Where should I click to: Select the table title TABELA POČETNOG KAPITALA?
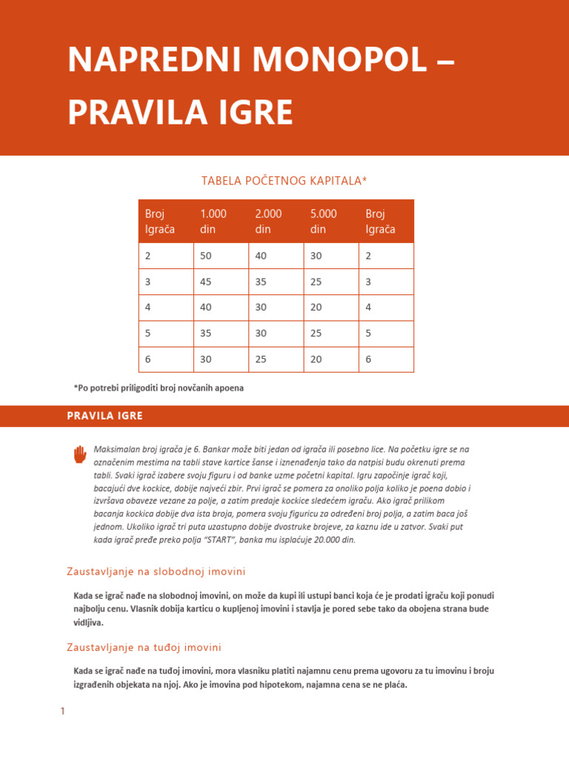[x=284, y=181]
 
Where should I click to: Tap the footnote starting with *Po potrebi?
[x=159, y=388]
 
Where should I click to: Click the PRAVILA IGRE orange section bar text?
[x=104, y=416]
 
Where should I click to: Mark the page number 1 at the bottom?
[x=63, y=711]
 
